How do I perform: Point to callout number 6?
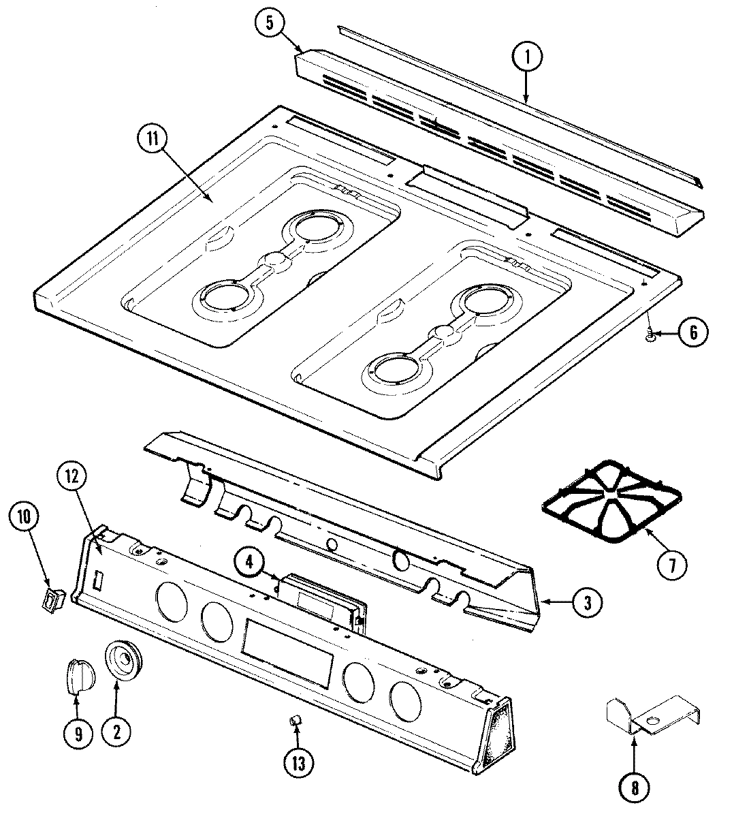tap(692, 332)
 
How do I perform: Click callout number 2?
tap(116, 732)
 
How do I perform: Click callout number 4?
tap(249, 562)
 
